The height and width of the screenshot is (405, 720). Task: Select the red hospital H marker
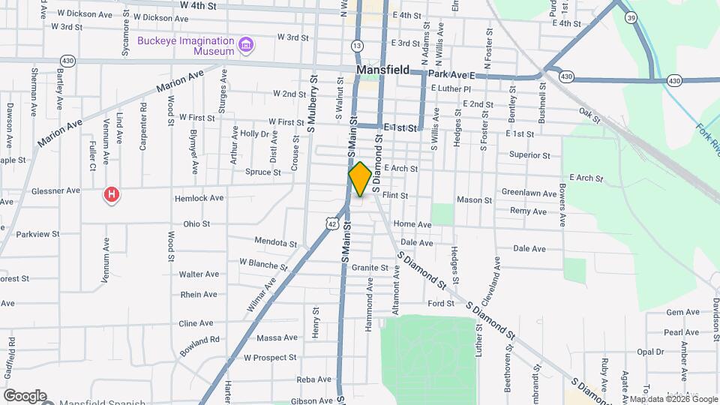point(112,196)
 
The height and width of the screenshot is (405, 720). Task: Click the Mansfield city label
point(382,70)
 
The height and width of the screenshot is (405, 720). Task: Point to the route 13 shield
point(356,46)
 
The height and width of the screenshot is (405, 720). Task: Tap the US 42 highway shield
point(331,223)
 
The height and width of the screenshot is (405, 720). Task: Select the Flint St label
point(394,195)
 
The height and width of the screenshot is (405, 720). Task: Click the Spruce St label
point(262,172)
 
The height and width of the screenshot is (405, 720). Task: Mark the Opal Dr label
point(649,352)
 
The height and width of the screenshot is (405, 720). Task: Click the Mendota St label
point(275,243)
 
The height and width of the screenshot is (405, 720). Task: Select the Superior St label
point(529,155)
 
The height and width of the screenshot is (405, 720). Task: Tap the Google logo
point(25,395)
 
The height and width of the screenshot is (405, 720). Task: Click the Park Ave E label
point(452,76)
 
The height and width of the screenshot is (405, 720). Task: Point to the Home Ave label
point(412,224)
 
